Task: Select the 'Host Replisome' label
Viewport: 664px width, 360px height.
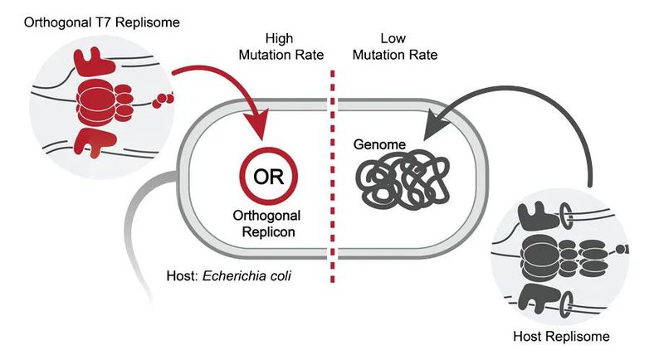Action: coord(564,336)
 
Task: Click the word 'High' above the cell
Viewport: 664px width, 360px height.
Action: coord(280,38)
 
